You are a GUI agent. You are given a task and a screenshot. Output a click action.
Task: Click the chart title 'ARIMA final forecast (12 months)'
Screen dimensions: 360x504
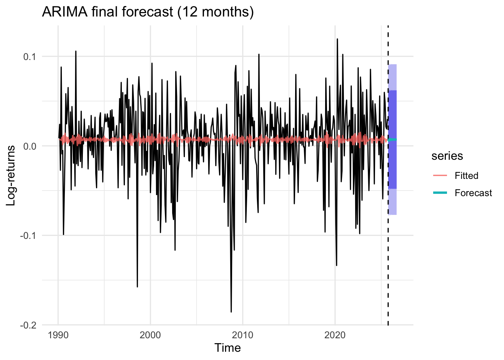click(148, 12)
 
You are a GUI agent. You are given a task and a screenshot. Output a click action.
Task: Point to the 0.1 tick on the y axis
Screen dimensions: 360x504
click(30, 57)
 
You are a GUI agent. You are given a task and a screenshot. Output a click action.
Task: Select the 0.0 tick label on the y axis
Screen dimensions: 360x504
click(30, 146)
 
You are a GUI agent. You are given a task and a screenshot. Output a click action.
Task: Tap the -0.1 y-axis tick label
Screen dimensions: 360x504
click(28, 235)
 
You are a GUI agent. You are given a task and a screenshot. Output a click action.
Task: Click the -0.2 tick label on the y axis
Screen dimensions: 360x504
click(28, 325)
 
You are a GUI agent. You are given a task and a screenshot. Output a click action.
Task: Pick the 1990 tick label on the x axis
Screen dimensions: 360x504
click(58, 335)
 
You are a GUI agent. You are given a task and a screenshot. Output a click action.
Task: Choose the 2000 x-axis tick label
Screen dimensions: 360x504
click(150, 335)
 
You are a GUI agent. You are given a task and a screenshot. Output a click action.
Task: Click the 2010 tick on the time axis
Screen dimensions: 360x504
click(243, 335)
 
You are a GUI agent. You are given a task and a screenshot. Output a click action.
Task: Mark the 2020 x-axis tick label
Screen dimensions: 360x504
click(335, 335)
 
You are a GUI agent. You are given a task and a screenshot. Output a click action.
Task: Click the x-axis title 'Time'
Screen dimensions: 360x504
click(227, 348)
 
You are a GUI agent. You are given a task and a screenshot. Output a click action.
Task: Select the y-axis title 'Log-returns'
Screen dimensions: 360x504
click(11, 175)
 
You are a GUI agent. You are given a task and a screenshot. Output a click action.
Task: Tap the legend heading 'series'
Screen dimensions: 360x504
click(447, 156)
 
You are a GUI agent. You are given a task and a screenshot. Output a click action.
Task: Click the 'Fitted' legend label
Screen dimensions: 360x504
click(466, 175)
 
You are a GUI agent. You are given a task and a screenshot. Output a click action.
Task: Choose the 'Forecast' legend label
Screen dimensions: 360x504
click(473, 193)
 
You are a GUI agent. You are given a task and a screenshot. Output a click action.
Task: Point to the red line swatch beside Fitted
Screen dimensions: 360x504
click(440, 175)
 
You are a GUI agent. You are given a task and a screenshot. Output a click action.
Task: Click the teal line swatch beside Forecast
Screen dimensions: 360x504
click(440, 193)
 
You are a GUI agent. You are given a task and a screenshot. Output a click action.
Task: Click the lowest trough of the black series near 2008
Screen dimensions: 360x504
click(231, 312)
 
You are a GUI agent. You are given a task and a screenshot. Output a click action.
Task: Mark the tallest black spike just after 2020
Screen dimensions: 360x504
click(337, 39)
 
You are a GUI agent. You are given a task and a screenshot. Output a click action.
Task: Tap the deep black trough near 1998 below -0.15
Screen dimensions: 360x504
click(137, 287)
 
